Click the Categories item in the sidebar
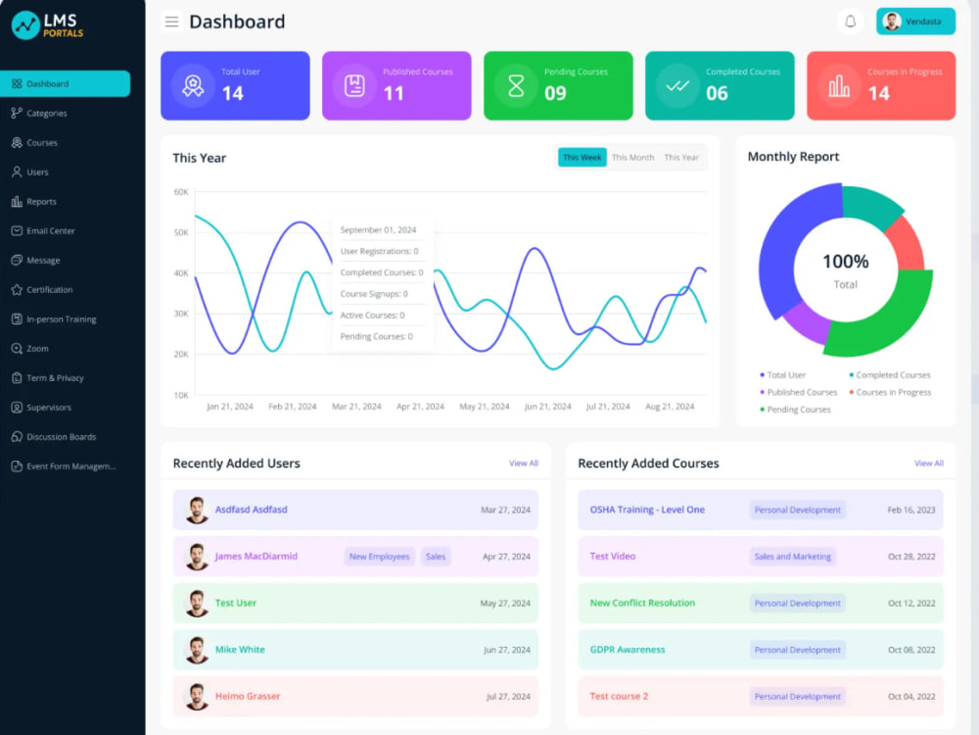pos(39,113)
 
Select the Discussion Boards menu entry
pos(54,437)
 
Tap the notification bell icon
pos(850,22)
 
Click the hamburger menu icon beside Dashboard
pos(171,22)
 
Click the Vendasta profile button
pos(915,22)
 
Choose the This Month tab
pos(632,158)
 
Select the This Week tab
pos(582,158)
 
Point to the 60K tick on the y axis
pos(181,192)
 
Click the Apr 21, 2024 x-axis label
pos(420,407)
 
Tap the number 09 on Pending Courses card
pos(555,93)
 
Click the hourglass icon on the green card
pos(516,86)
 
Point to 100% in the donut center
pos(846,262)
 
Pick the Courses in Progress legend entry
pos(890,393)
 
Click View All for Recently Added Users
pos(523,464)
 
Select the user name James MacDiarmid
pos(256,557)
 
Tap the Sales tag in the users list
pos(436,557)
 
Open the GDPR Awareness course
pos(628,650)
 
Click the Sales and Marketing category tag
pos(792,557)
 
